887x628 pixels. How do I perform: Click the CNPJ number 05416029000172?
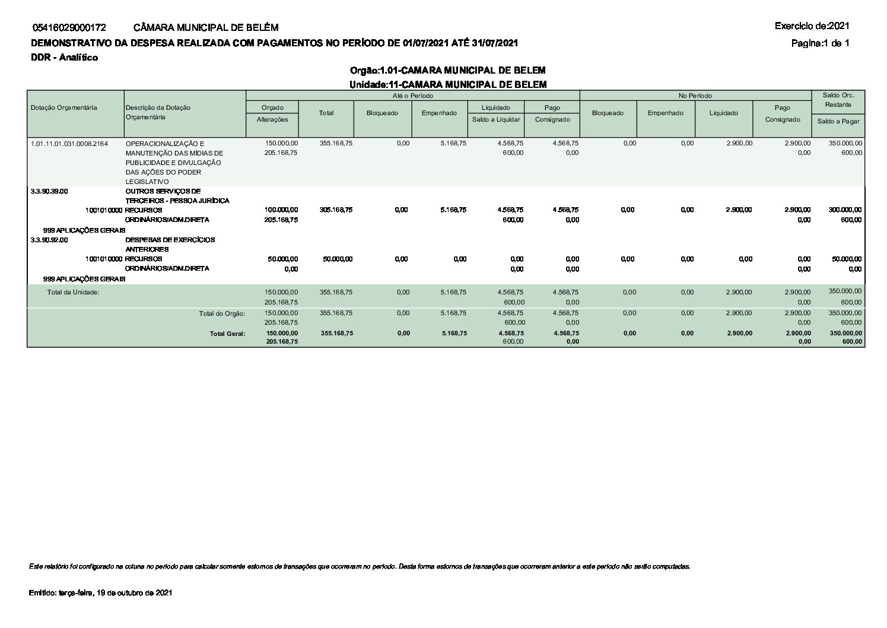coord(70,27)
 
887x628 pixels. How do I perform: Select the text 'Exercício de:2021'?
coord(812,26)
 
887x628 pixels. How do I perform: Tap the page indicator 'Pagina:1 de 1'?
coord(820,43)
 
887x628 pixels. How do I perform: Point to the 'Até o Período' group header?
coord(412,96)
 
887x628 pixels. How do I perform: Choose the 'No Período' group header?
coord(695,96)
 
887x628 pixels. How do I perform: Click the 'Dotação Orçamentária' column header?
coord(63,107)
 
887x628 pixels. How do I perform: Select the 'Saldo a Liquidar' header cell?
coord(496,119)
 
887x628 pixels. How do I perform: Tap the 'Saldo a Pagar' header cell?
coord(838,121)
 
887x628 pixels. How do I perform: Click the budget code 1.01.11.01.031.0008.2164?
coord(69,144)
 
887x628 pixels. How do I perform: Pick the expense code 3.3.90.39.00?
coord(49,191)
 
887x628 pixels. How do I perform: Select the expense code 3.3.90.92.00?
coord(49,240)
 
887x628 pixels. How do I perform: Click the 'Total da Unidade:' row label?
coord(73,292)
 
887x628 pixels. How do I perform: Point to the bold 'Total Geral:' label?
coord(227,334)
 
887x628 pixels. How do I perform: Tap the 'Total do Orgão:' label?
coord(222,313)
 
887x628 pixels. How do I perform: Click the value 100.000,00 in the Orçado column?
coord(281,210)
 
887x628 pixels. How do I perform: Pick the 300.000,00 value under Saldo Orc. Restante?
coord(845,210)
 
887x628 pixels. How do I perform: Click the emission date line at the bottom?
coord(100,593)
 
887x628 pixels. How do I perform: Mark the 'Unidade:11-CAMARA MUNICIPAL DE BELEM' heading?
coord(447,84)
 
